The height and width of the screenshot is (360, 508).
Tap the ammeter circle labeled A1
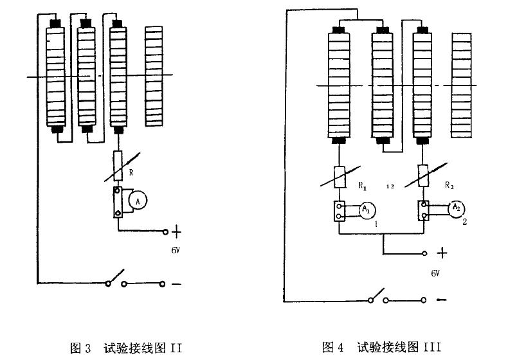[x=365, y=210]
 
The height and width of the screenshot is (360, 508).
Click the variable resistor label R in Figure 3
[x=131, y=172]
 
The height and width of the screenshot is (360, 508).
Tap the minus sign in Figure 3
[x=176, y=283]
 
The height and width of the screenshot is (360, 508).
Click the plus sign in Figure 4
[x=442, y=253]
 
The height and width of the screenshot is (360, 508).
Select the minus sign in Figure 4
[x=441, y=300]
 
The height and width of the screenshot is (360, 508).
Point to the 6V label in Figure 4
[x=435, y=273]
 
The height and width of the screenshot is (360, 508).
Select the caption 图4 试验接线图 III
[x=381, y=348]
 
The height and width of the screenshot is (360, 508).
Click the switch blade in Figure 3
[x=114, y=278]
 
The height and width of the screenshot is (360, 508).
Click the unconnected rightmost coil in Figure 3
[x=154, y=76]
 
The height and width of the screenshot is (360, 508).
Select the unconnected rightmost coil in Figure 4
[x=462, y=84]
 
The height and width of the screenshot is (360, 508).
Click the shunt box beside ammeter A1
[x=339, y=212]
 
